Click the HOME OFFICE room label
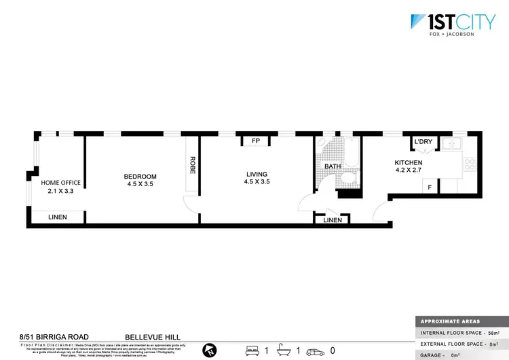coord(61,183)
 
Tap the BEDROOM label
coord(140,177)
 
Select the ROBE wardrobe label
coord(193,166)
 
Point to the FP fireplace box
coord(256,141)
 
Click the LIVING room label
coord(257,175)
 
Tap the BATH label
coord(333,166)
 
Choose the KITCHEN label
coord(409,163)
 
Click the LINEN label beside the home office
coord(57,217)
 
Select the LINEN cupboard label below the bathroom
coord(333,220)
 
